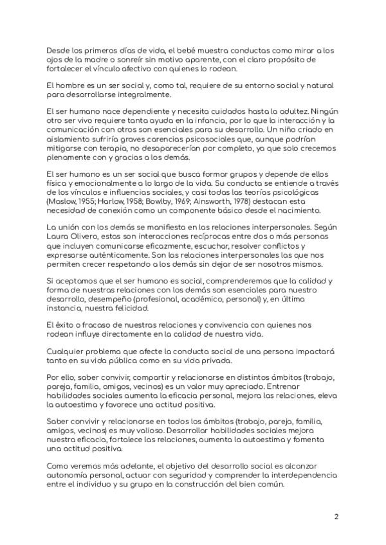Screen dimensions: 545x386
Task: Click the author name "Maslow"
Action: click(60, 201)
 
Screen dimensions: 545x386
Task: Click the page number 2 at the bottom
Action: click(336, 516)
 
